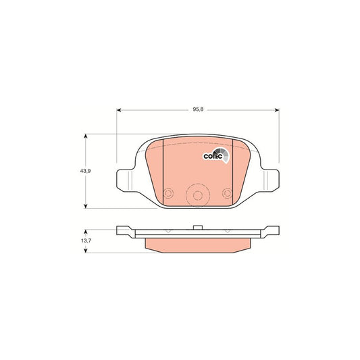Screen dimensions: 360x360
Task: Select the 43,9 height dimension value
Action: pyautogui.click(x=85, y=172)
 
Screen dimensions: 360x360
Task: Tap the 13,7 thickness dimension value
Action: pyautogui.click(x=85, y=240)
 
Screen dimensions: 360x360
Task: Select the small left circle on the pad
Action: pyautogui.click(x=170, y=191)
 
